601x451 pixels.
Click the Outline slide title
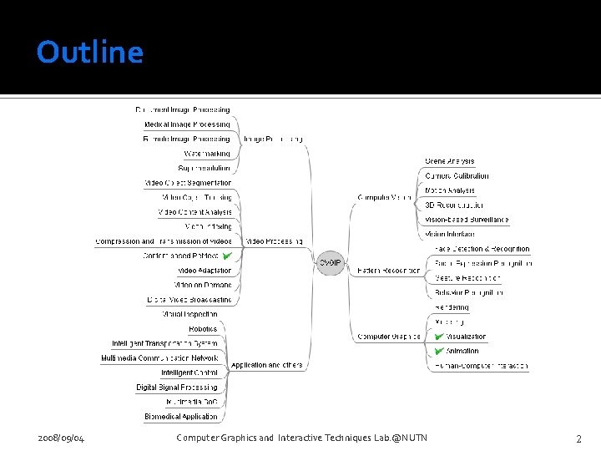point(90,53)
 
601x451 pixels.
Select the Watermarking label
point(207,154)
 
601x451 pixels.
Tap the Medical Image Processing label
point(187,124)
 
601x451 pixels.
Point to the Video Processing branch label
point(274,241)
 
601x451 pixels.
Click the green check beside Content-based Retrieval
point(226,256)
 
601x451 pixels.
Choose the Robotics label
point(203,329)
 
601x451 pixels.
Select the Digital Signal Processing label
point(177,388)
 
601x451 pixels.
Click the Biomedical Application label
point(181,416)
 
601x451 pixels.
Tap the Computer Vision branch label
point(384,197)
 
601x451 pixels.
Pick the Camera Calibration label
point(457,176)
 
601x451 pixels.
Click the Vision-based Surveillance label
point(467,220)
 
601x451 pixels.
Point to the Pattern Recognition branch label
point(389,271)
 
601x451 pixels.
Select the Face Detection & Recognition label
point(482,249)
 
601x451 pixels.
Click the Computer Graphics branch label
point(389,337)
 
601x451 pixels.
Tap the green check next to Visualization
point(439,336)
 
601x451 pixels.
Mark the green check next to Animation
point(439,351)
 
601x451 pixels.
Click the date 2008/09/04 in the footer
point(61,438)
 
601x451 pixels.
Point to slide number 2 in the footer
point(578,438)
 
